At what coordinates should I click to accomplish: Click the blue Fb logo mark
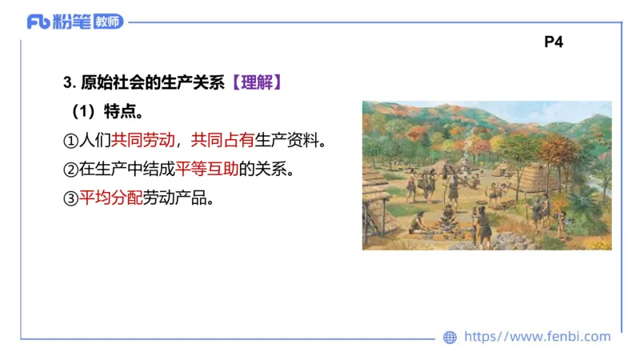[38, 22]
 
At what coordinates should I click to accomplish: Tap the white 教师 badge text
[109, 22]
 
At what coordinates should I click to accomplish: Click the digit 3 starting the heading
[66, 82]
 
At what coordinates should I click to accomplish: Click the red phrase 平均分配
[110, 198]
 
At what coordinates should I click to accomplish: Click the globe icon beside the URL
[450, 338]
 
